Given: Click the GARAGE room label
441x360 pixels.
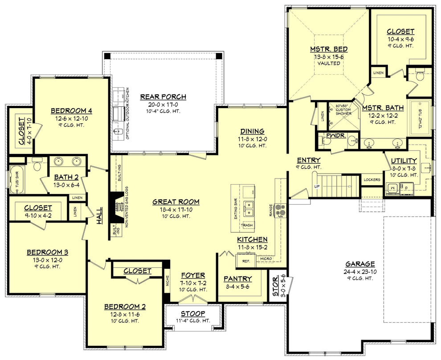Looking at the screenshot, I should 359,263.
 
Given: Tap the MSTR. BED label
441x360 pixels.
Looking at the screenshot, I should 329,49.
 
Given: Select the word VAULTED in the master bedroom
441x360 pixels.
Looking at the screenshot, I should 329,63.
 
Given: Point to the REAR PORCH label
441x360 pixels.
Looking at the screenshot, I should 163,97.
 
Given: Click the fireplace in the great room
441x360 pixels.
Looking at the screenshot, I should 118,206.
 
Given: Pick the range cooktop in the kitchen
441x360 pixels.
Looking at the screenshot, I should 280,210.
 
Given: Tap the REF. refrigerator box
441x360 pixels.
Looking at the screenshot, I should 245,261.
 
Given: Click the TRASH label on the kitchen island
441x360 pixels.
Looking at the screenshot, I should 247,226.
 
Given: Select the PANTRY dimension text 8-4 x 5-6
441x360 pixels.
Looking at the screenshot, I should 237,287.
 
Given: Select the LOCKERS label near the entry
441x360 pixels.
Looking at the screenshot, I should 372,180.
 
